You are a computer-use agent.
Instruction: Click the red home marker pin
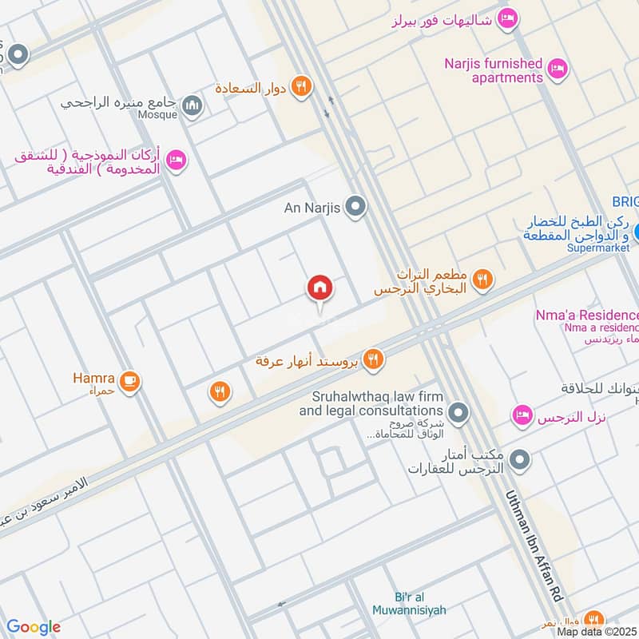320,288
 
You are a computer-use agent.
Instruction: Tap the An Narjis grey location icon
357,208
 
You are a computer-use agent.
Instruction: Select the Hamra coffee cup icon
133,381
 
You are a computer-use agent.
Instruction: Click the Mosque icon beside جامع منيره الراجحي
192,105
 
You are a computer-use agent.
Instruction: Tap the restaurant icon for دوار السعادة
301,87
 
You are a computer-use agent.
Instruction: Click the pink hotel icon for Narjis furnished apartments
558,70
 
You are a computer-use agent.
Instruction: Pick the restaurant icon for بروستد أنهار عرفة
372,360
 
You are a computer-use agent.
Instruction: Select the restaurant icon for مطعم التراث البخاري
482,279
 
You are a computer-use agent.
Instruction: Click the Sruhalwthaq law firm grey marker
458,413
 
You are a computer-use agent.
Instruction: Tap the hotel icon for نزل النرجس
522,415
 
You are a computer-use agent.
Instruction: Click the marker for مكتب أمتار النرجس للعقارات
519,460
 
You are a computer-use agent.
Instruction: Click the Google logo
34,627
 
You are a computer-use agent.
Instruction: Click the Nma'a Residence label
588,316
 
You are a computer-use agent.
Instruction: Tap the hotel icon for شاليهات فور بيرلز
506,18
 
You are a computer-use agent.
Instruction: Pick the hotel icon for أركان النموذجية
177,161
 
